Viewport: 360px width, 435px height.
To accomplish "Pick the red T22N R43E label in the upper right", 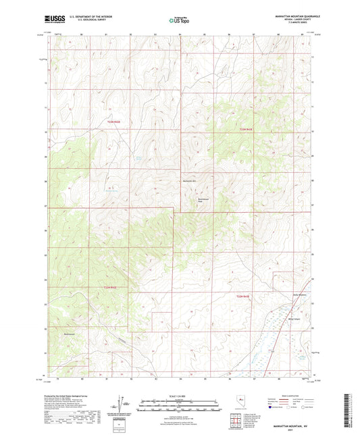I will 245,128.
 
